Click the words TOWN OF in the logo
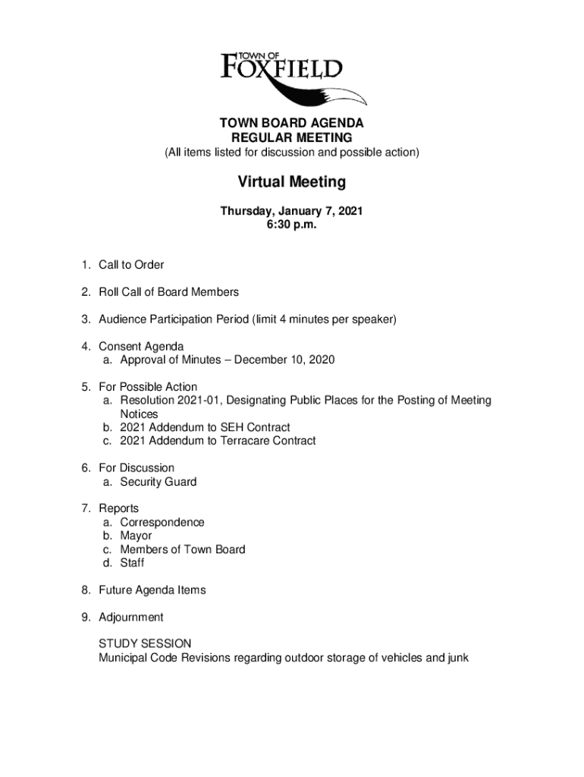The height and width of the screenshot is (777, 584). [x=260, y=55]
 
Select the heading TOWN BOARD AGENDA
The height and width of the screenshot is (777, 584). [x=291, y=123]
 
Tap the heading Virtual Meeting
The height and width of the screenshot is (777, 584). [x=291, y=182]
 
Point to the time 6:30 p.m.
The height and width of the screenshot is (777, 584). [x=291, y=225]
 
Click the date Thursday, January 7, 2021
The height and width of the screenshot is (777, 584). [x=291, y=212]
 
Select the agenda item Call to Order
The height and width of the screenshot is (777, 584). [x=131, y=265]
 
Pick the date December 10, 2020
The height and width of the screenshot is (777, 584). [x=284, y=360]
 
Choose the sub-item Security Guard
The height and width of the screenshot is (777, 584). [x=158, y=482]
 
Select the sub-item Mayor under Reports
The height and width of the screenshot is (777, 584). [x=136, y=536]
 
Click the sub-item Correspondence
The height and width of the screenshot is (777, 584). [x=162, y=522]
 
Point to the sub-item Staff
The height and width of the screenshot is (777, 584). [x=132, y=563]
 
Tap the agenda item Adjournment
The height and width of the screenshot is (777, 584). [x=130, y=617]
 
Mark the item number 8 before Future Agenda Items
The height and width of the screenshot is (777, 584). [x=87, y=590]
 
